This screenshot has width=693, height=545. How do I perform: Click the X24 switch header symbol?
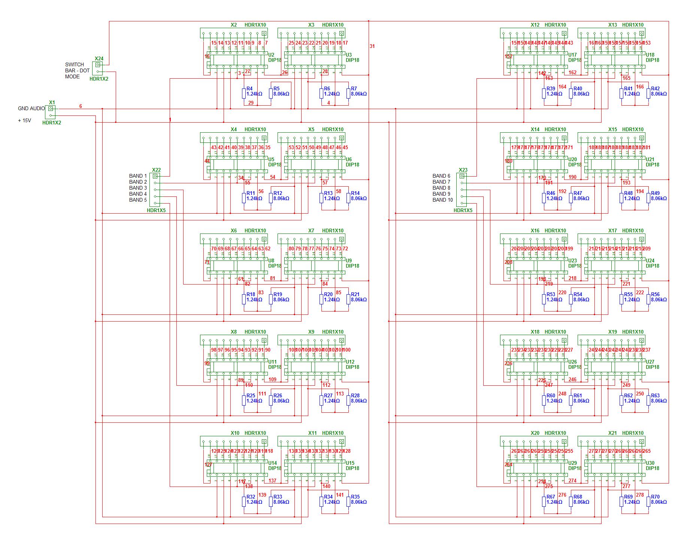[x=98, y=68]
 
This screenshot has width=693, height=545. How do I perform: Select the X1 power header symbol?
[x=51, y=112]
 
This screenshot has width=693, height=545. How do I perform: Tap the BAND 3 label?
[x=138, y=188]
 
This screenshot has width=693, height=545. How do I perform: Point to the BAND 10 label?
[x=442, y=200]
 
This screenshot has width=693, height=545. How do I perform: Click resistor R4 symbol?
[x=244, y=93]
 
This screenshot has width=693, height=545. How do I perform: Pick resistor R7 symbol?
[x=348, y=93]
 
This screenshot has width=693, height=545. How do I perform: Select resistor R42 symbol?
[x=648, y=93]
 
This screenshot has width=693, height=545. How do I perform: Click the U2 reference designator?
[x=271, y=55]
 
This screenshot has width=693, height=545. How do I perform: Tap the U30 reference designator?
[x=650, y=463]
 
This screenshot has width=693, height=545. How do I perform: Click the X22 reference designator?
[x=156, y=170]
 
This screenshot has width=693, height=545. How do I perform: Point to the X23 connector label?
[x=463, y=170]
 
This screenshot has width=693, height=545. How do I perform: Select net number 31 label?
[x=372, y=46]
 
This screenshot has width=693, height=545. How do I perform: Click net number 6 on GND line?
[x=81, y=106]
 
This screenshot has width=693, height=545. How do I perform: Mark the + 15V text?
[x=24, y=121]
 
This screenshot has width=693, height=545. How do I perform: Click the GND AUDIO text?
[x=31, y=108]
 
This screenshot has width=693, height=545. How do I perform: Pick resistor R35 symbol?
[x=348, y=502]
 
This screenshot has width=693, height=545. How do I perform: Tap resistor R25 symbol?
[x=244, y=400]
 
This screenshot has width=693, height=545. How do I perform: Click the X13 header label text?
[x=612, y=25]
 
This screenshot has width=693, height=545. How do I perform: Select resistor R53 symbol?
[x=544, y=299]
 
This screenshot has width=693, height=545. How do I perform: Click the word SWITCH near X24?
[x=75, y=64]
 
